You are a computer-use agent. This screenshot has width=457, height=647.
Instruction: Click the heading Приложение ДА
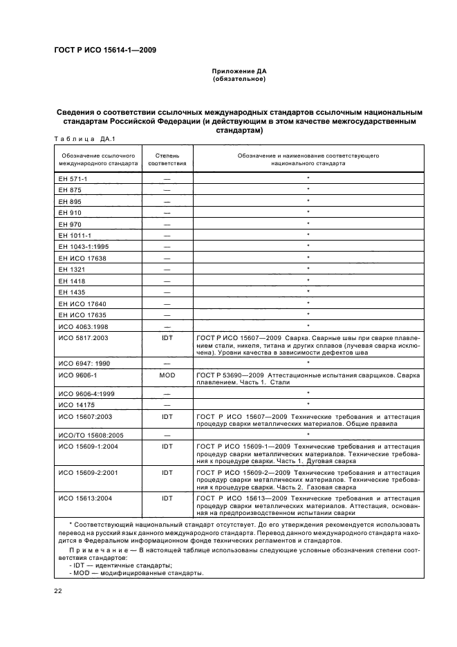tap(239, 71)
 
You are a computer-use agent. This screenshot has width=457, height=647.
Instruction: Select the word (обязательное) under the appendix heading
tap(239, 79)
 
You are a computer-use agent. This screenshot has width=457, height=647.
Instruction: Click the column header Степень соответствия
tap(167, 160)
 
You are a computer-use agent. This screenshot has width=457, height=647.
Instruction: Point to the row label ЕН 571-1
tap(71, 178)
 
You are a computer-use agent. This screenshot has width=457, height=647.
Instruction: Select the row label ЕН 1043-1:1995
tap(82, 246)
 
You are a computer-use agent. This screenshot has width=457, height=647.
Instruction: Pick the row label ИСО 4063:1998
tap(80, 325)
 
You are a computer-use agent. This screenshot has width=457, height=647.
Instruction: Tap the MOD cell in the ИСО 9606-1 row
tap(167, 373)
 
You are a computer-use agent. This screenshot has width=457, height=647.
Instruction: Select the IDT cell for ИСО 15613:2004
tap(167, 498)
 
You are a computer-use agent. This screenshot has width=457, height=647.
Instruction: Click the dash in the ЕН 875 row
tap(167, 189)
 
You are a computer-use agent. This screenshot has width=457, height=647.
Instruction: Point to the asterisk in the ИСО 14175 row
tap(307, 404)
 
